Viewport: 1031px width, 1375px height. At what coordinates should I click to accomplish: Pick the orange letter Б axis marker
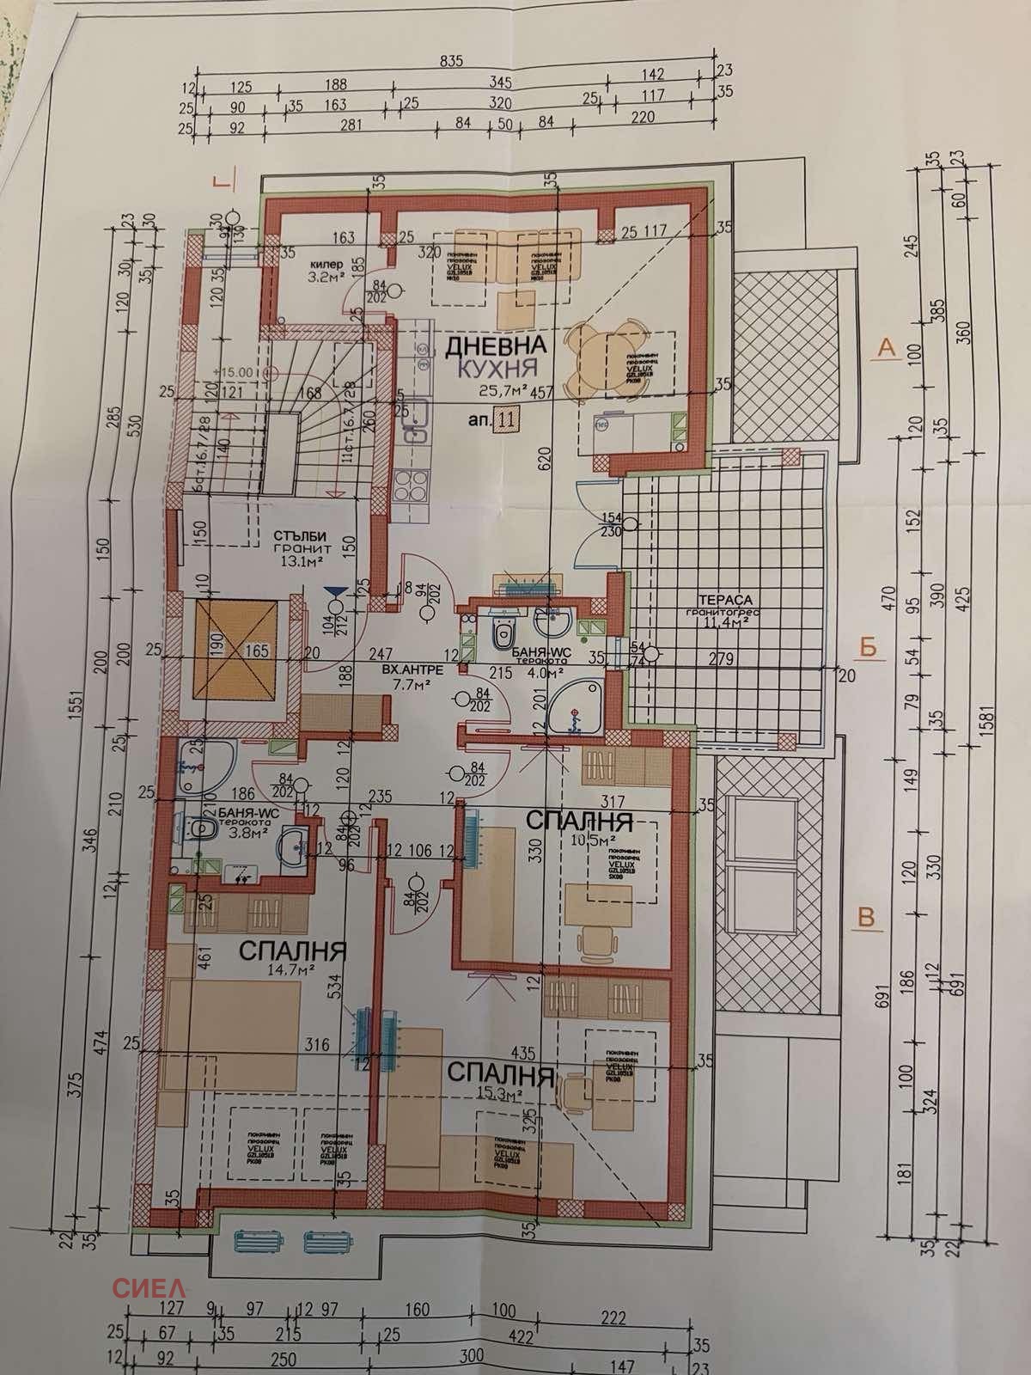click(869, 647)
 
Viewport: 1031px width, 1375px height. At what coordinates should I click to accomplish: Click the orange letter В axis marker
click(867, 918)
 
